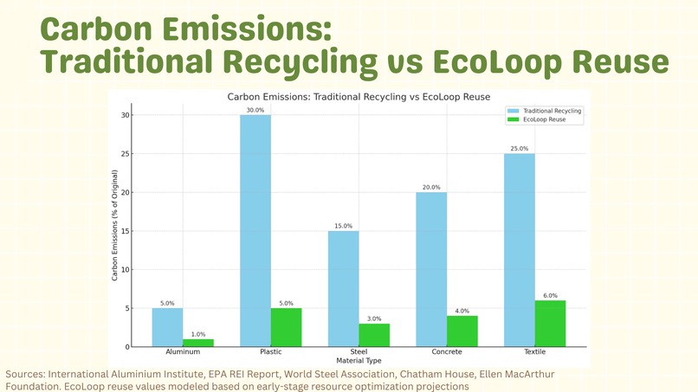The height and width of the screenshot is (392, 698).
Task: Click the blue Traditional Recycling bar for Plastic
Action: pyautogui.click(x=255, y=230)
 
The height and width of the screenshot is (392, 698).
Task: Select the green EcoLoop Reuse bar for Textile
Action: pyautogui.click(x=550, y=324)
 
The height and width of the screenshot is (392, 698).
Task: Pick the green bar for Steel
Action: pyautogui.click(x=373, y=335)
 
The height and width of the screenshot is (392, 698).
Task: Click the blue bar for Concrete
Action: pyautogui.click(x=432, y=269)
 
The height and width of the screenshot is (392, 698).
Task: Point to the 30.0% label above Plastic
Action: pyautogui.click(x=255, y=110)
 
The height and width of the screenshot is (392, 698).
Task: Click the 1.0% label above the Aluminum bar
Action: pyautogui.click(x=197, y=334)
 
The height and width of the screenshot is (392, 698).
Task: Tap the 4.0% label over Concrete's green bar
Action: pyautogui.click(x=462, y=311)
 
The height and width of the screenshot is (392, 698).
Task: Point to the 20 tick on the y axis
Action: pyautogui.click(x=126, y=192)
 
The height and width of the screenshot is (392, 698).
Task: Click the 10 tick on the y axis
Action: pyautogui.click(x=126, y=269)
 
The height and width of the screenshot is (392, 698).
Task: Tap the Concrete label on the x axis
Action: pyautogui.click(x=447, y=352)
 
